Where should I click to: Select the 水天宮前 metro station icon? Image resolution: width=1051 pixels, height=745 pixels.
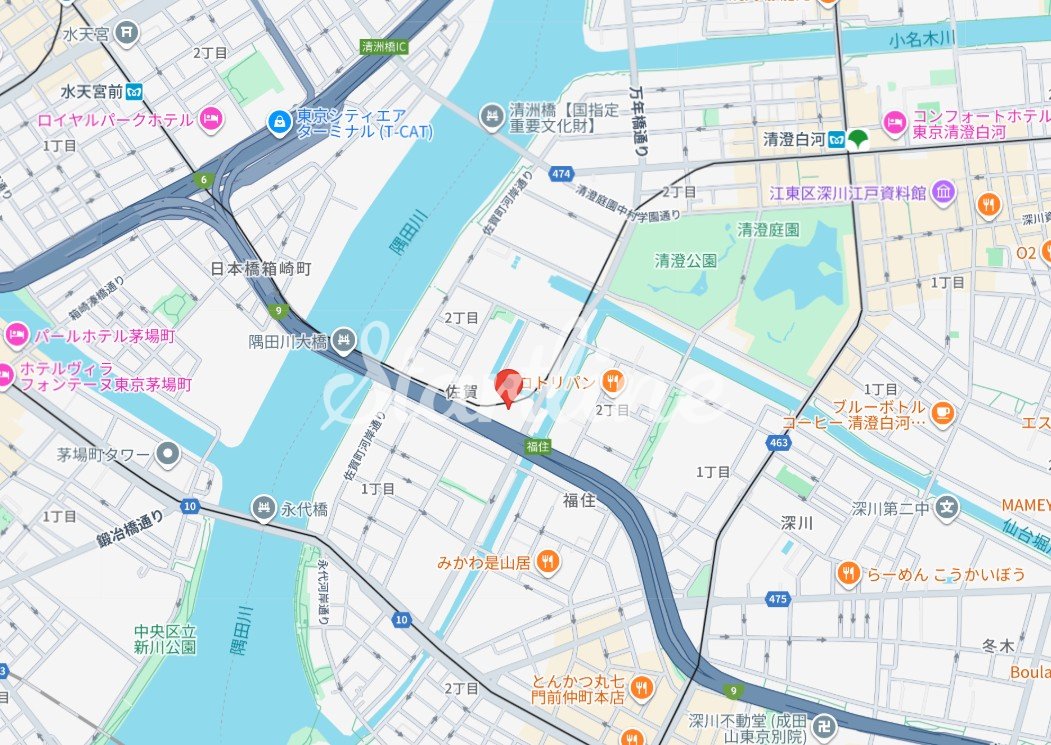(134, 92)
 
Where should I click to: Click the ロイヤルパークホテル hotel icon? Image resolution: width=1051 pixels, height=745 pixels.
(210, 120)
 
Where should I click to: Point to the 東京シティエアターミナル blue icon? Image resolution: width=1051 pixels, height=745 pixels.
(279, 123)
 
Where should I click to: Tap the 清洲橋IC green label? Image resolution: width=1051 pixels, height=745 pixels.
(384, 46)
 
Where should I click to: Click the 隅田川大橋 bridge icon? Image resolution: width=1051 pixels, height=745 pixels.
(344, 341)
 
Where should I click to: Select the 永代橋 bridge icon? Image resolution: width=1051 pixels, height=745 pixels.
(263, 507)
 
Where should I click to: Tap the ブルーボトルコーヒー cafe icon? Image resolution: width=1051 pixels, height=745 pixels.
(942, 411)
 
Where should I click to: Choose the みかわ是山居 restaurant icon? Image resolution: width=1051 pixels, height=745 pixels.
(547, 562)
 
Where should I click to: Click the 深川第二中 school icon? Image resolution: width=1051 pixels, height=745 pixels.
(948, 508)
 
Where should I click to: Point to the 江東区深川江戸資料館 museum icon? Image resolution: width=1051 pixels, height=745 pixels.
(943, 192)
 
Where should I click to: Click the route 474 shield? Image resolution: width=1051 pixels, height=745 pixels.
(561, 174)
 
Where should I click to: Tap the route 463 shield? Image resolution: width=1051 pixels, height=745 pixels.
(779, 442)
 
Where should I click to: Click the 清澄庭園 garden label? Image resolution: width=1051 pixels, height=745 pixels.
(768, 229)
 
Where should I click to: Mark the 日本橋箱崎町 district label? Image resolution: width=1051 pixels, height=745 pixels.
(261, 269)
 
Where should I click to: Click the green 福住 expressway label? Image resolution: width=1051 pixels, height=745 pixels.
(538, 447)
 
